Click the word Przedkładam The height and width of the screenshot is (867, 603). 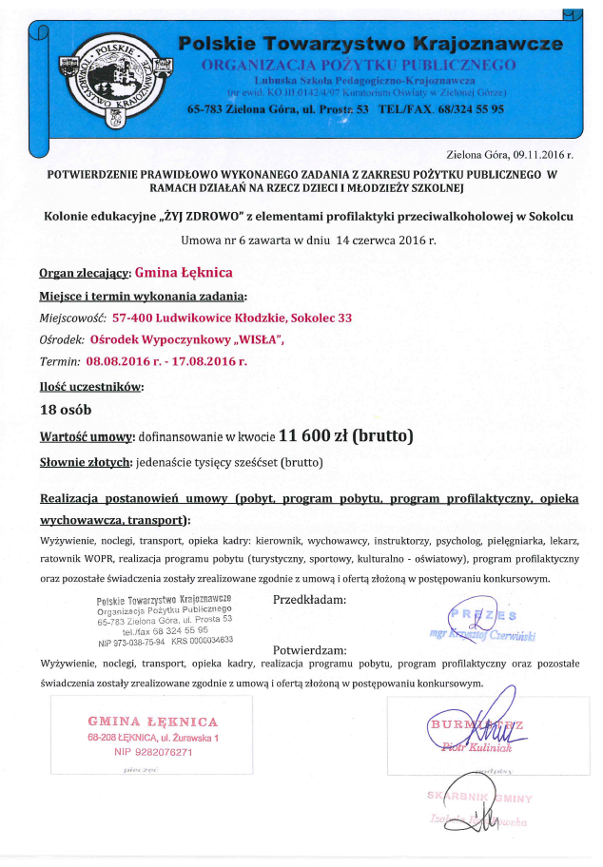(309, 601)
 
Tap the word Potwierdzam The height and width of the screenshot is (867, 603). (308, 650)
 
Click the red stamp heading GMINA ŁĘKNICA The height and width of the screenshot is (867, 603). (153, 722)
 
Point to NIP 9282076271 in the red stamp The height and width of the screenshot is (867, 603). (153, 752)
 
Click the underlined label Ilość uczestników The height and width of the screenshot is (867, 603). (92, 387)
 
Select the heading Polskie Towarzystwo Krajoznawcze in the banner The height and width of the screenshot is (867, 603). (370, 44)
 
